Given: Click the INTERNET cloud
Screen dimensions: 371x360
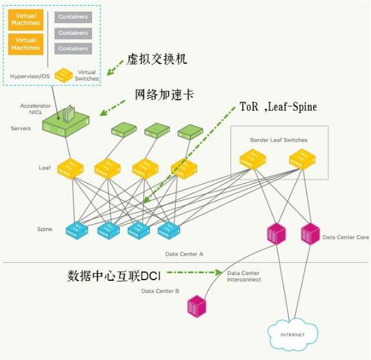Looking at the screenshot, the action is coord(292,334).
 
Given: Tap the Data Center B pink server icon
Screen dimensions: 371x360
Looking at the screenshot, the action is coord(196,307).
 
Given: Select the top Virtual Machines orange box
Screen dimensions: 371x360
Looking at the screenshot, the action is coord(26,19).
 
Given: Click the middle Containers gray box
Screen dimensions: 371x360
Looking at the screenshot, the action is coord(73,33).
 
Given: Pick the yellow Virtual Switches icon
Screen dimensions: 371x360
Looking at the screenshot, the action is coord(64,75).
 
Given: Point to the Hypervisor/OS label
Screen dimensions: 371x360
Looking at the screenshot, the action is coord(30,76).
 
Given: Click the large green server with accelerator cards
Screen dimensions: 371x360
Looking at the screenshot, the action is coord(66,121).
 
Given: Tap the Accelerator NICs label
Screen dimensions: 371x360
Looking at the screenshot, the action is coord(35,109).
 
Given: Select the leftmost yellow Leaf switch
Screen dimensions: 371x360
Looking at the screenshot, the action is coord(70,169).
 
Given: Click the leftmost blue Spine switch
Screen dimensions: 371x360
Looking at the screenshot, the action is coord(77,229).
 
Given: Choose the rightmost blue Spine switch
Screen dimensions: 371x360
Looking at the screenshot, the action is coord(169,230).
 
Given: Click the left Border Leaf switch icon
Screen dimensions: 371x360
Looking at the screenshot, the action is coord(252,159).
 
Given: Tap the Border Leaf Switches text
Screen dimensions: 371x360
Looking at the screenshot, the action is coord(279,140).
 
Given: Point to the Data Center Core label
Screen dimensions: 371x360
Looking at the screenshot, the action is coord(346,237).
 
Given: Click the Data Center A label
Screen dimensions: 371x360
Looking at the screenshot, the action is coord(184,254).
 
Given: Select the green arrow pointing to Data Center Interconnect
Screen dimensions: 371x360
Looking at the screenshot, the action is coord(195,272).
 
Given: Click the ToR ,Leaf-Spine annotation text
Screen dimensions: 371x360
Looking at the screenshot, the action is coord(278,107).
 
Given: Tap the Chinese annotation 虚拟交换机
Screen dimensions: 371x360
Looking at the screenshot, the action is coord(157,59).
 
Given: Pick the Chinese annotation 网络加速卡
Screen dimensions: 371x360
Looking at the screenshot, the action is coord(165,95).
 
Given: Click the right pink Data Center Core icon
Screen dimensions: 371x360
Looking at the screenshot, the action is coord(310,234).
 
